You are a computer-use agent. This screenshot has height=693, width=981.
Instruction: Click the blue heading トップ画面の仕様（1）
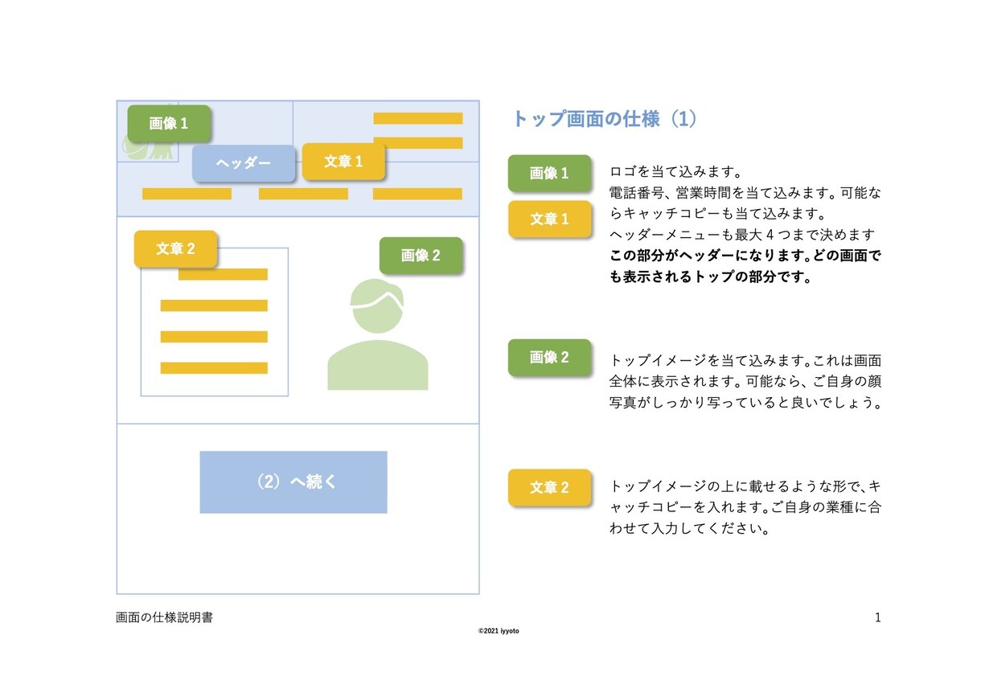[605, 119]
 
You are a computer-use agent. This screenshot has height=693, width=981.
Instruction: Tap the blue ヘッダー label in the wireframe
[244, 163]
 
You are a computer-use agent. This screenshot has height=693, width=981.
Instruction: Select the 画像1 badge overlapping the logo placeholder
[169, 124]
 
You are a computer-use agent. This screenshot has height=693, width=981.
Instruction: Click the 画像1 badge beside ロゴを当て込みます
[549, 173]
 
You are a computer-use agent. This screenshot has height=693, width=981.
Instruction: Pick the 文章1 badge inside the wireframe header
[343, 161]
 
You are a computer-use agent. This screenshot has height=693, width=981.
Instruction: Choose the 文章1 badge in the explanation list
[550, 219]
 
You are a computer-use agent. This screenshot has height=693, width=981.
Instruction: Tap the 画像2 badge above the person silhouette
[421, 255]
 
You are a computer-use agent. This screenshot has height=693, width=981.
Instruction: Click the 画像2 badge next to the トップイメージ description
[549, 357]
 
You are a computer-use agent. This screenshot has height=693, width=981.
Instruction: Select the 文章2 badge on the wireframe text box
[175, 248]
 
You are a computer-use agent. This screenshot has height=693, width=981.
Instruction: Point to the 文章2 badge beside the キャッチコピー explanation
[550, 487]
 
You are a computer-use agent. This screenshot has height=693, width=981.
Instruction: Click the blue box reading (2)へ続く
[293, 482]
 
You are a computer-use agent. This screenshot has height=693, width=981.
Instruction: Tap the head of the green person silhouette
[377, 305]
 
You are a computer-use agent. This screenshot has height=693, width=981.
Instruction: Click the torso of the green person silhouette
[377, 365]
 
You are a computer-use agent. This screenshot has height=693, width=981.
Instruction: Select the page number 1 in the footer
[877, 617]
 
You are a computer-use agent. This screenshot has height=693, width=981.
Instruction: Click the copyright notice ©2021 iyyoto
[499, 631]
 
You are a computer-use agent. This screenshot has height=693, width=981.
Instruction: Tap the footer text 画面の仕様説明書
[164, 617]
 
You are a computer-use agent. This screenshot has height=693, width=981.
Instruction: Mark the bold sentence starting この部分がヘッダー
[745, 266]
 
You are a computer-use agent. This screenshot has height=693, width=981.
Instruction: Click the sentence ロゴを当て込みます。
[675, 171]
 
